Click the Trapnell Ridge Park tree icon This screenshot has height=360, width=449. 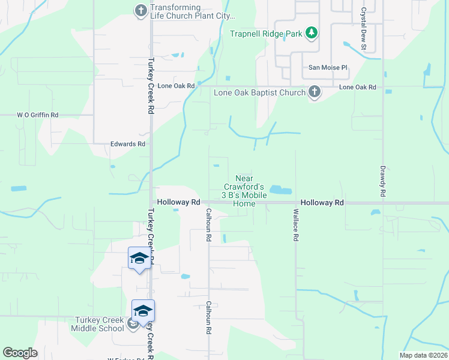311,33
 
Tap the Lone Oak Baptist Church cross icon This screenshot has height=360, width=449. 313,92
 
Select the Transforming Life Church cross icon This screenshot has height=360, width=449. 140,10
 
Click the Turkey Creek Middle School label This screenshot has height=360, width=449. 98,324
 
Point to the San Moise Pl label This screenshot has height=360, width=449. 328,68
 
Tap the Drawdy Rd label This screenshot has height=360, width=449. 382,182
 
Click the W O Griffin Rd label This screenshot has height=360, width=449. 37,115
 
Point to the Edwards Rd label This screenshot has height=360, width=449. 128,144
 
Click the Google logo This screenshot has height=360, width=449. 20,353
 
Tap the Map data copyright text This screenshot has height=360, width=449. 423,355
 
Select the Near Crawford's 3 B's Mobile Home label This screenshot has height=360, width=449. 244,191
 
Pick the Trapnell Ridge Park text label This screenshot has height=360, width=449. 266,34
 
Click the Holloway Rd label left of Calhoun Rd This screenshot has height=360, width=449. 178,203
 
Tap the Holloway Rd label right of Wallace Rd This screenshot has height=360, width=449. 322,203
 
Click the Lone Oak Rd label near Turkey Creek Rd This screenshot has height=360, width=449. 176,86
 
